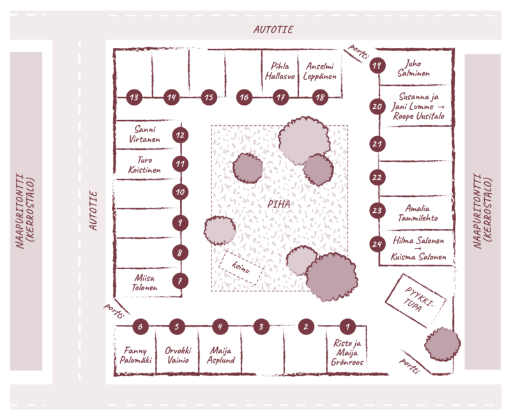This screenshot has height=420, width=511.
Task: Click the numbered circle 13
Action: coord(133,97)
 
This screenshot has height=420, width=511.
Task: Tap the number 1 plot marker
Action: coord(347,327)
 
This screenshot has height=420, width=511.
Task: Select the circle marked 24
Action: coord(378,244)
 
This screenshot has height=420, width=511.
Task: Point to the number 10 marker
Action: coord(181,191)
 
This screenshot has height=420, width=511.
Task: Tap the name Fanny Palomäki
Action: coord(135,355)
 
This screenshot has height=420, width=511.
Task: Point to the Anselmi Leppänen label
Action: coord(321,72)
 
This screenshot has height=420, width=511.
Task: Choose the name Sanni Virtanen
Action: coord(146,134)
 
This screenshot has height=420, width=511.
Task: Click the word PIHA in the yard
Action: coord(279,205)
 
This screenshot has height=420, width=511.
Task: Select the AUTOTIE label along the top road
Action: coord(274,29)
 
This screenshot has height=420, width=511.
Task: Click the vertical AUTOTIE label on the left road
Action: coord(93,211)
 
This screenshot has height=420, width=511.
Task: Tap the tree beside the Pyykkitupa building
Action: coord(442,344)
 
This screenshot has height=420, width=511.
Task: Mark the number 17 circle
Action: coord(281,97)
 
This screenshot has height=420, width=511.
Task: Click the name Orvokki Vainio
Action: coord(176,355)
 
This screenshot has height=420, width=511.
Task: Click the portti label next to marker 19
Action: coord(358,53)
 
